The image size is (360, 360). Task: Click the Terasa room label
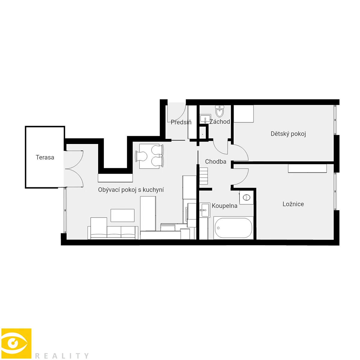click(45, 157)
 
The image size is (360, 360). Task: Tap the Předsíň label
click(181, 122)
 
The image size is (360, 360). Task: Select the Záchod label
click(220, 121)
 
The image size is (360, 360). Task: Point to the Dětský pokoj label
click(288, 134)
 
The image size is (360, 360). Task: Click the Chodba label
click(216, 162)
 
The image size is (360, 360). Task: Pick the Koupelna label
click(225, 206)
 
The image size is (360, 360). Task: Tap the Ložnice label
click(293, 204)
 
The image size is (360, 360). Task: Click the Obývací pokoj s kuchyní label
click(131, 190)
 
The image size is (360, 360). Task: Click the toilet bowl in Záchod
click(219, 111)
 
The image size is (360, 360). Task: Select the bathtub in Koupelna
click(233, 228)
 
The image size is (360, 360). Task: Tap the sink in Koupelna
click(205, 210)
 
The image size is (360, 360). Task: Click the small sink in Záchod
click(205, 119)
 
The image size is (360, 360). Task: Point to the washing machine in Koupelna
click(246, 197)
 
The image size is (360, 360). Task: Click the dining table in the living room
click(149, 156)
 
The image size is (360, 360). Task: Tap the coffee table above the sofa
click(123, 215)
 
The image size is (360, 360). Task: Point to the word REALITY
click(62, 356)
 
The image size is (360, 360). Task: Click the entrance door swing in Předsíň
click(176, 112)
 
